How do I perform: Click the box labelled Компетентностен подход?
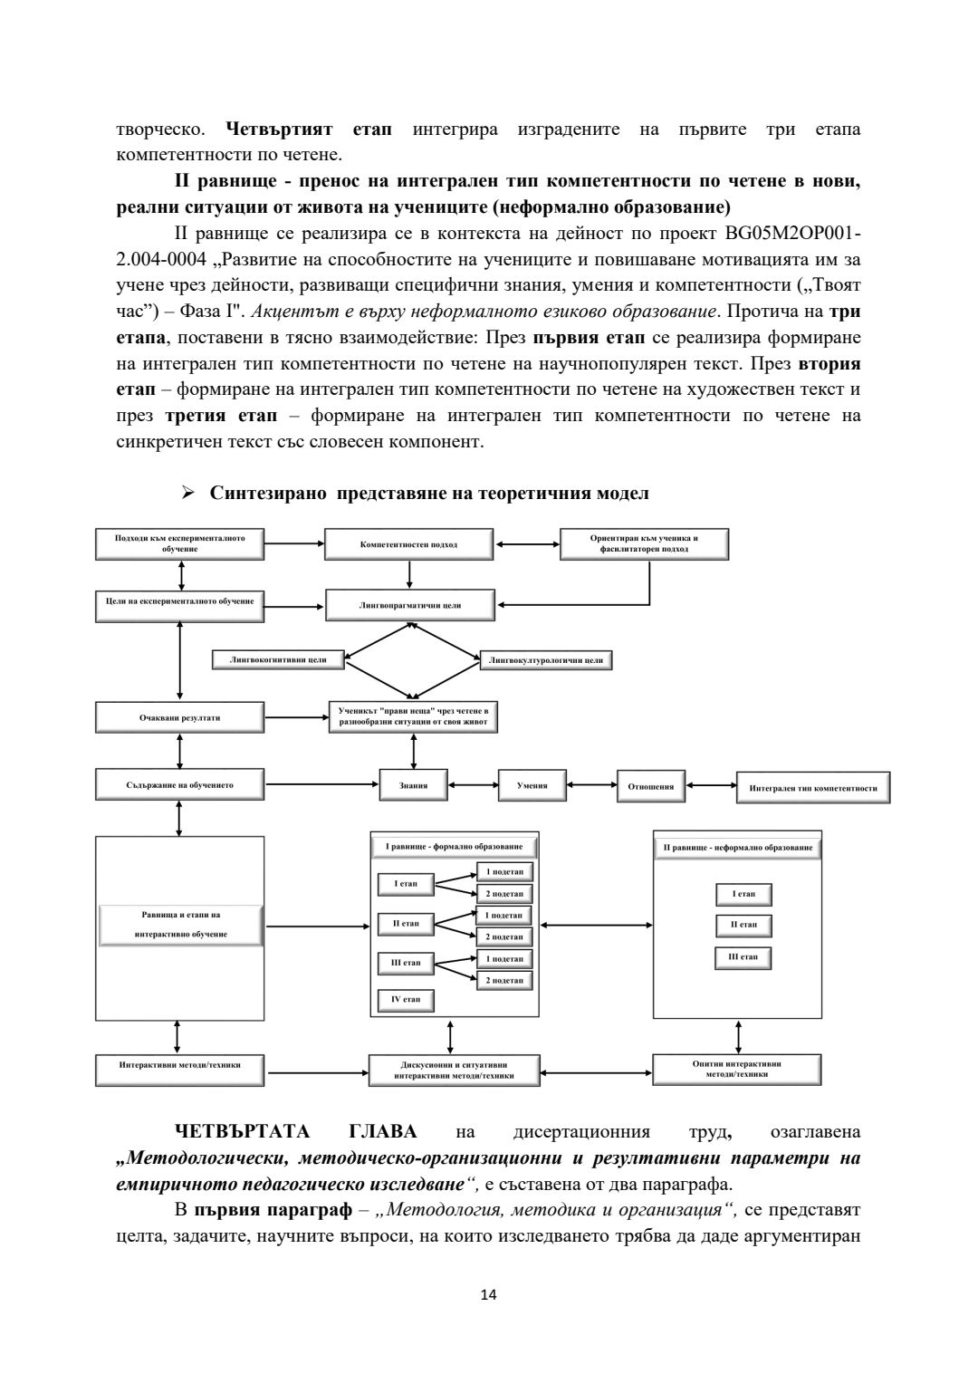tap(408, 544)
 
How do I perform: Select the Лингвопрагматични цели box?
tap(410, 605)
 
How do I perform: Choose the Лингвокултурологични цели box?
tap(545, 660)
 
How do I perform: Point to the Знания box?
tap(413, 785)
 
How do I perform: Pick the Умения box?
tap(532, 785)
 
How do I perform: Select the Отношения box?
tap(651, 786)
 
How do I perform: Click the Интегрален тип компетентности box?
tap(813, 788)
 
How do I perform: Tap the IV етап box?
tap(406, 1000)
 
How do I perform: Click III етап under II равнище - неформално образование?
tap(743, 957)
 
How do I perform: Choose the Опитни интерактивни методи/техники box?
tap(736, 1069)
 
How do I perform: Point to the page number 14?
tap(489, 1294)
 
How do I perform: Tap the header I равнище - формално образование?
tap(455, 847)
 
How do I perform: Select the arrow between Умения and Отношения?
tap(592, 785)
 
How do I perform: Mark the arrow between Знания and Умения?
tap(473, 785)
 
